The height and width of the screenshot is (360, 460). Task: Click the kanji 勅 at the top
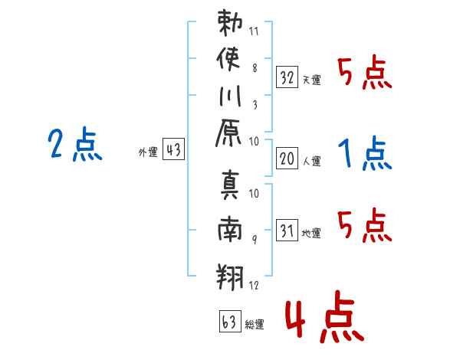point(231,22)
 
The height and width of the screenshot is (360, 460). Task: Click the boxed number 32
point(287,77)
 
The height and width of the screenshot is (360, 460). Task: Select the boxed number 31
point(287,231)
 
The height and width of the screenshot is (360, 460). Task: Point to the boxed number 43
point(173,150)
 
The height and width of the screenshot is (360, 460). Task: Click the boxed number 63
point(228,322)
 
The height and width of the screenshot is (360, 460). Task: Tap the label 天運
point(312,80)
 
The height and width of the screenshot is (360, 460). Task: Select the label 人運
point(312,161)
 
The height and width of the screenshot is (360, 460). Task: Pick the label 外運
point(148,152)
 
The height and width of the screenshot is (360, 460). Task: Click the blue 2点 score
point(75,145)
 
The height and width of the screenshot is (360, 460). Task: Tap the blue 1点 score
point(365,154)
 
